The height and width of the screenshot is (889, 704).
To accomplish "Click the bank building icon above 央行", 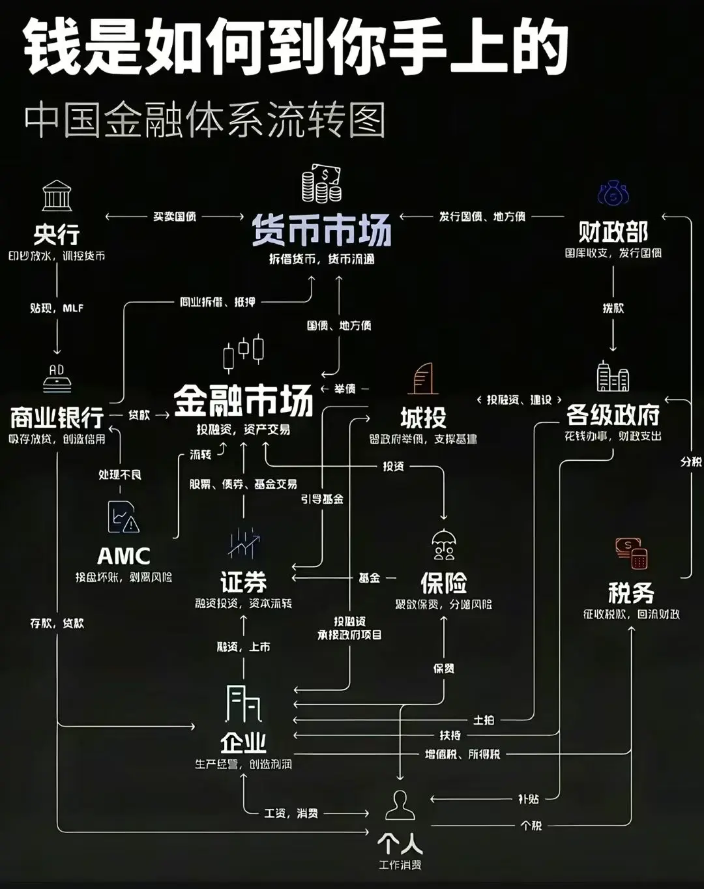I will pos(57,196).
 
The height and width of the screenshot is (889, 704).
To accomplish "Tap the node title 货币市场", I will pos(321,230).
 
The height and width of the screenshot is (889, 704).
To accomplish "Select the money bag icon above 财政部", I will pos(613,194).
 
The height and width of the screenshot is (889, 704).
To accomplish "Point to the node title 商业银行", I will pos(57,416).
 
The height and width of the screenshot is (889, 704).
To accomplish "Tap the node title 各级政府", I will pos(613,415).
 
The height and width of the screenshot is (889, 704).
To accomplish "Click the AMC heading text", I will pos(123,556).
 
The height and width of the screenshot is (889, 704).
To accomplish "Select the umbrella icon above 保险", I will pos(444,545).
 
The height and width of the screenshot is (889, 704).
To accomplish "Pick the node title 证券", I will pos(243,581).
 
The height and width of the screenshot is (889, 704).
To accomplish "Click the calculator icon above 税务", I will pos(631,553).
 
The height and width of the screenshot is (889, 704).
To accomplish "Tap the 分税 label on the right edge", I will pos(690,461).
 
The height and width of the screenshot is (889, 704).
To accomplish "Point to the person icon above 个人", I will pos(400,805).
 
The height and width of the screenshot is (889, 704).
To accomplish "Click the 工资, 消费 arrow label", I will pos(291,813).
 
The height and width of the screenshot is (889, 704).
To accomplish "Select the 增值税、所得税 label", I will pos(462,754).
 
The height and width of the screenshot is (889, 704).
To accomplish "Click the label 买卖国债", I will pos(175,216).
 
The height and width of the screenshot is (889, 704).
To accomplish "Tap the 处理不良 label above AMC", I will pos(119,474).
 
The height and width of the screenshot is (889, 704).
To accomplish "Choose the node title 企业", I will pos(243,742).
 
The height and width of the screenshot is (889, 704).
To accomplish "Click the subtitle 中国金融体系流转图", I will pos(205,121).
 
